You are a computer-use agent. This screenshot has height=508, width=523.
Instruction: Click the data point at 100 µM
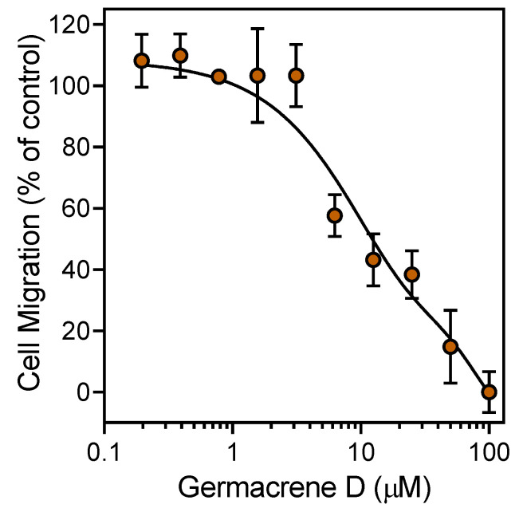pos(489,392)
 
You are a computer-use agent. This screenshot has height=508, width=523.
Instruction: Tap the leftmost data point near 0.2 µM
pos(142,61)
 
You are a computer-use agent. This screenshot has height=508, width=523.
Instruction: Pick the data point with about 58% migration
pos(335,215)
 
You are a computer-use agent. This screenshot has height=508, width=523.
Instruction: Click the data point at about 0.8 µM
pos(218,77)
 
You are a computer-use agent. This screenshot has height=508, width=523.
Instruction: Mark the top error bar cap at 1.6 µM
pos(258,29)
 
